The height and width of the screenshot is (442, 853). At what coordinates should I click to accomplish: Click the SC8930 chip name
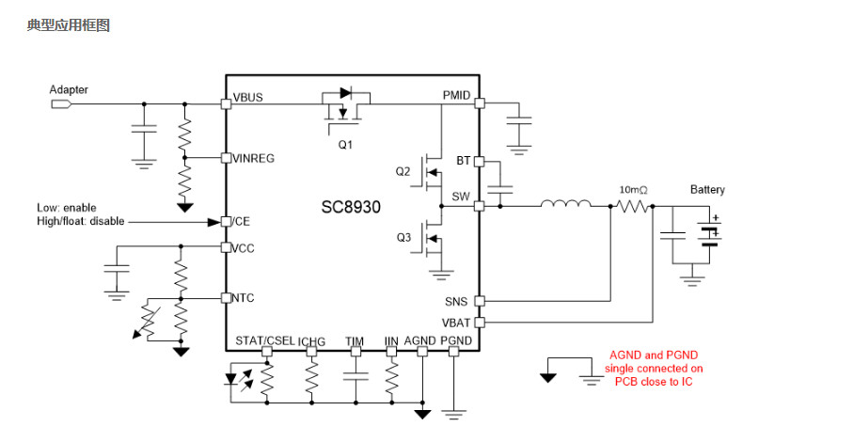[x=351, y=207]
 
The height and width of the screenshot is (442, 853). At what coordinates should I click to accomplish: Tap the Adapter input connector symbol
[x=61, y=103]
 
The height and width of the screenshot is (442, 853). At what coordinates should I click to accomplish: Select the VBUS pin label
[x=248, y=97]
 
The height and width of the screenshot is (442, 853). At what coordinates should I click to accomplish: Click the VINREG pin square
[x=226, y=158]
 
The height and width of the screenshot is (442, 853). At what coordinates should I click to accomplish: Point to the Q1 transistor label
[x=345, y=145]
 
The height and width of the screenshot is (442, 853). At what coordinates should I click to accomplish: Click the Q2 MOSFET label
[x=403, y=172]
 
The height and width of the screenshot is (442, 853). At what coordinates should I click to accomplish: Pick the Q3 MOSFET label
[x=403, y=238]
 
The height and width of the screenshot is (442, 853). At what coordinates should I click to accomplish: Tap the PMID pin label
[x=456, y=96]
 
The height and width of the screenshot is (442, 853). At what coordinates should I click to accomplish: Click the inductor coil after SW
[x=566, y=203]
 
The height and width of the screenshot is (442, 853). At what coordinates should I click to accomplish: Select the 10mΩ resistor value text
[x=633, y=190]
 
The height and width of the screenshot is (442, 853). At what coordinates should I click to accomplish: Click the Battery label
[x=707, y=189]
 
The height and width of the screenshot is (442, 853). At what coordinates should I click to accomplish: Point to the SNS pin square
[x=480, y=301]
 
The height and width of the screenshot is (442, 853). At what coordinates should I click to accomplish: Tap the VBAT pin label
[x=456, y=323]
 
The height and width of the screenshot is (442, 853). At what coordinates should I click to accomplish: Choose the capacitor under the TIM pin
[x=355, y=376]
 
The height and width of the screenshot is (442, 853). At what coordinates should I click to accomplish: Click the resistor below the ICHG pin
[x=311, y=378]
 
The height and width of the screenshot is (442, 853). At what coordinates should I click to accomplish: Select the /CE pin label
[x=241, y=222]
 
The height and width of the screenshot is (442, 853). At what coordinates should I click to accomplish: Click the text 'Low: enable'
[x=67, y=208]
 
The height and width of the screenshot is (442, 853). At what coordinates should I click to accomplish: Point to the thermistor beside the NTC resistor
[x=148, y=321]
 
